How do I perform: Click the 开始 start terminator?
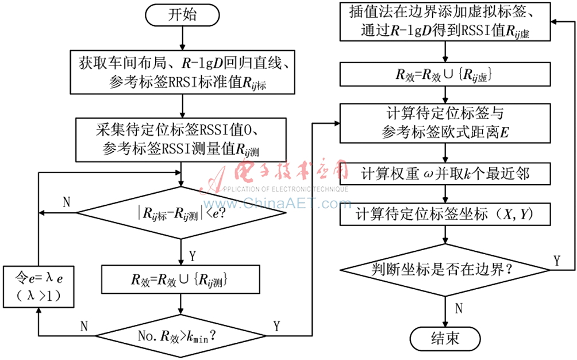(182, 15)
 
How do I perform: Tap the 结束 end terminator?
(445, 338)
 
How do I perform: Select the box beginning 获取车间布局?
(183, 72)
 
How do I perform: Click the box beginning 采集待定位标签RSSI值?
(180, 140)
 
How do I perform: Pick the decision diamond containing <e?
(180, 213)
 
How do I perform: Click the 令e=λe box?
(39, 287)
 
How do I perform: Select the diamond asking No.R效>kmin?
(180, 336)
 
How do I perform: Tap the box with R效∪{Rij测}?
(180, 279)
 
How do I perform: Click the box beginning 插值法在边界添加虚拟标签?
(445, 21)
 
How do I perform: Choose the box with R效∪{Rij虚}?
(445, 74)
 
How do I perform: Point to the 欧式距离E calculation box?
(445, 123)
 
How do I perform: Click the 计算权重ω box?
(445, 173)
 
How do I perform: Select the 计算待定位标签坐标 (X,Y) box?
(445, 214)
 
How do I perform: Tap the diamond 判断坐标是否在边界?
(445, 270)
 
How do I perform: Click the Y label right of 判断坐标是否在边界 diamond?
(557, 261)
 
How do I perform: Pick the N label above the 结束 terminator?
(459, 308)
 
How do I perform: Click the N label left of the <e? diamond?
(66, 202)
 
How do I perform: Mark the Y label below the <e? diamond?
(192, 256)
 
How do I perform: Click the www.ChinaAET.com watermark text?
(278, 203)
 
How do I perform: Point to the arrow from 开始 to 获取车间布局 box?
(182, 39)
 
